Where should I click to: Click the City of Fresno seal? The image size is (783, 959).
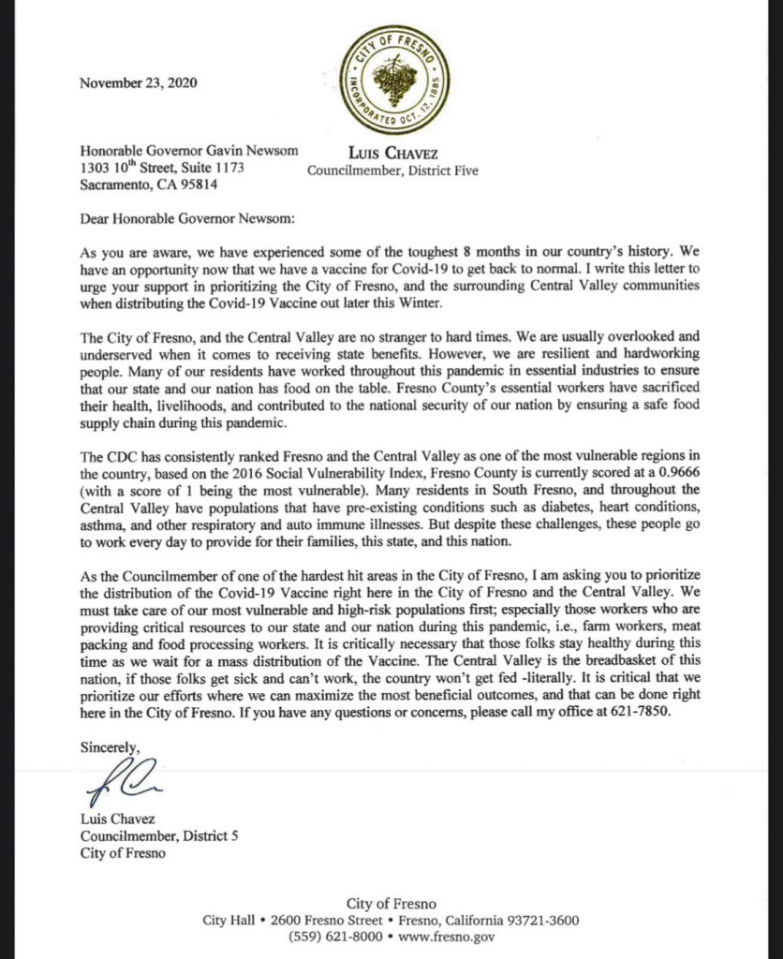pyautogui.click(x=395, y=79)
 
